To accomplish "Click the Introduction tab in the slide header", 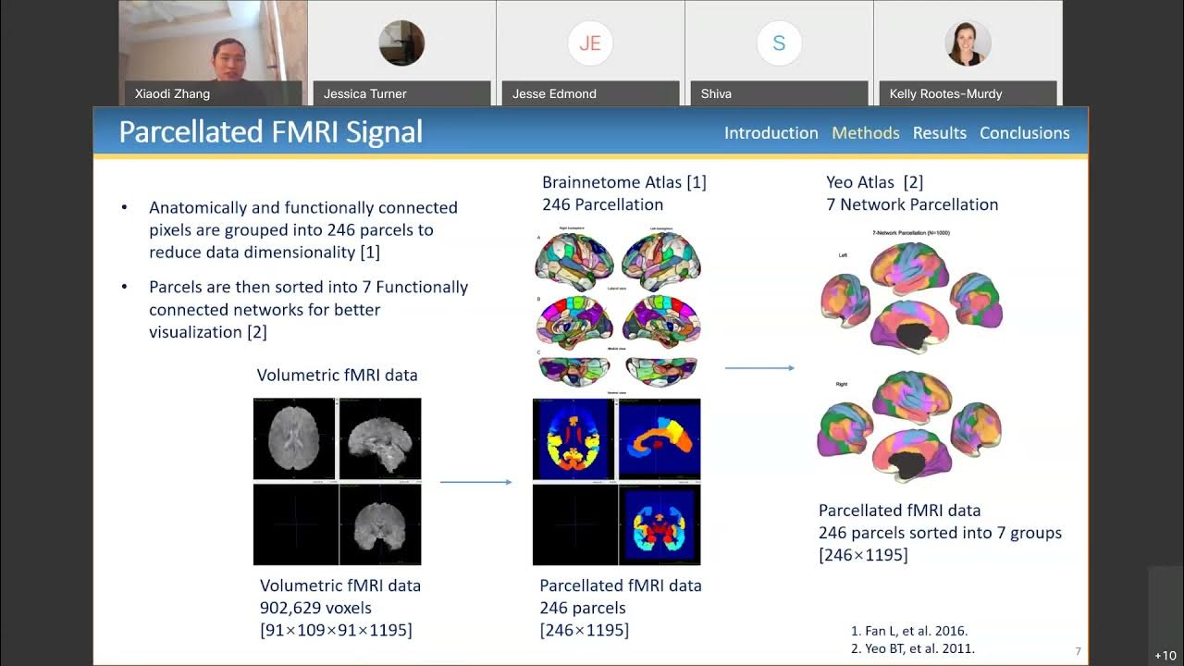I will pyautogui.click(x=771, y=133).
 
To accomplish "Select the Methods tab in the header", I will pyautogui.click(x=865, y=133).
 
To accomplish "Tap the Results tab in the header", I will pyautogui.click(x=939, y=133).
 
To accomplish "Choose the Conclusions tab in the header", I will pyautogui.click(x=1024, y=133).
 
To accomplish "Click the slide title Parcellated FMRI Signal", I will pyautogui.click(x=270, y=132).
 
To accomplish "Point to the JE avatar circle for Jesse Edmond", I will pyautogui.click(x=590, y=43).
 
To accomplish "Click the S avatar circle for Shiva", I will pyautogui.click(x=779, y=43).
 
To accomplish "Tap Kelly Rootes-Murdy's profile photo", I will pyautogui.click(x=968, y=43).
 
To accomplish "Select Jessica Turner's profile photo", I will pyautogui.click(x=401, y=43).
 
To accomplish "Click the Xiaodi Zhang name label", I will pyautogui.click(x=172, y=93).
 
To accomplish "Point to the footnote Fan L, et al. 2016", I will pyautogui.click(x=908, y=631).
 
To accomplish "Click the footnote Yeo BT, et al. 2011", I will pyautogui.click(x=912, y=648).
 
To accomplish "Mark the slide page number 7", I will pyautogui.click(x=1078, y=652).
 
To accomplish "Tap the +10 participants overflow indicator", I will pyautogui.click(x=1165, y=655).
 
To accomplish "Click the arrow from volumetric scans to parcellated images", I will pyautogui.click(x=475, y=482).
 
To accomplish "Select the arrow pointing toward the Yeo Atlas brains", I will pyautogui.click(x=759, y=368).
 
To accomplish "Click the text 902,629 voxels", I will pyautogui.click(x=315, y=608).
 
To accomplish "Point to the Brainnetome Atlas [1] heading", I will pyautogui.click(x=623, y=182).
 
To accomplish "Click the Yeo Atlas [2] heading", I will pyautogui.click(x=874, y=182).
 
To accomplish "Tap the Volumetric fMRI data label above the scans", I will pyautogui.click(x=337, y=375).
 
